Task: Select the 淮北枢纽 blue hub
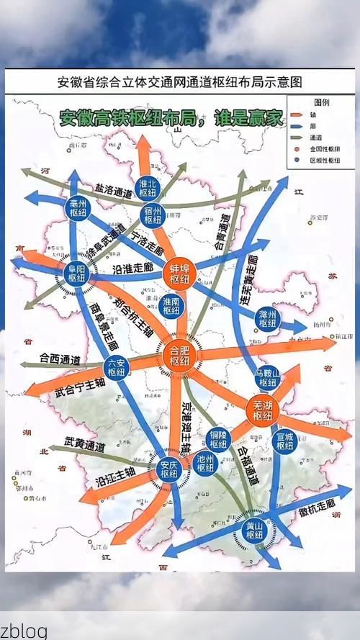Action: pyautogui.click(x=148, y=189)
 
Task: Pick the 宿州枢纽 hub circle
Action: pyautogui.click(x=152, y=215)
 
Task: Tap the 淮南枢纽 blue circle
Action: pyautogui.click(x=171, y=305)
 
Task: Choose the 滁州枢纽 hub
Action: pyautogui.click(x=268, y=318)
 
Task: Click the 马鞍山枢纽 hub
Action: pyautogui.click(x=267, y=378)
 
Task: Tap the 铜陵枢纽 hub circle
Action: pyautogui.click(x=218, y=438)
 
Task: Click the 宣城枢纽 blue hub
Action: pyautogui.click(x=285, y=440)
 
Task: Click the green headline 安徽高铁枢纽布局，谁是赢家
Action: pyautogui.click(x=171, y=118)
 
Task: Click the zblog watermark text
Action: pyautogui.click(x=24, y=631)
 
